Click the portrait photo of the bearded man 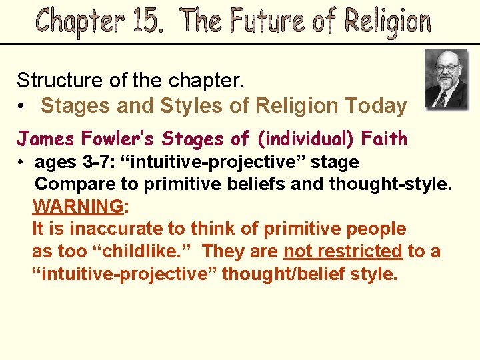click(446, 79)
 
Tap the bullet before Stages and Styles click(23, 106)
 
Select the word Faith click(385, 139)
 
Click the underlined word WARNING click(78, 207)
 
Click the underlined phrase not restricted click(343, 251)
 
